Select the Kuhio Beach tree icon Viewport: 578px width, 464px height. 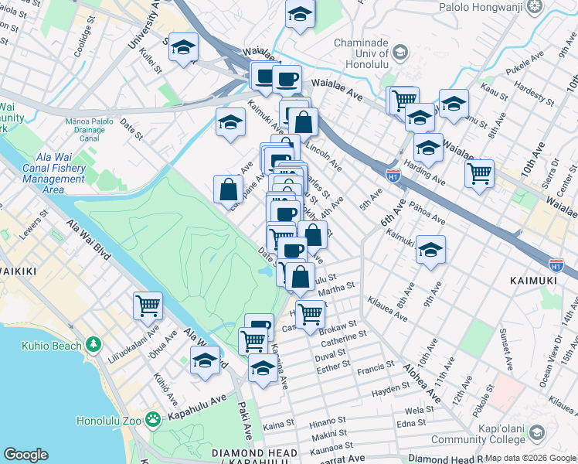[93, 343]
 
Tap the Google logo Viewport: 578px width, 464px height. [25, 455]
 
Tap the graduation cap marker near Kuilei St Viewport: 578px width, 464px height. [183, 48]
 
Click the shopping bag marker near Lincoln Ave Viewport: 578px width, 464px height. [304, 121]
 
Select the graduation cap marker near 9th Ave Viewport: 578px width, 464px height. [430, 250]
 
